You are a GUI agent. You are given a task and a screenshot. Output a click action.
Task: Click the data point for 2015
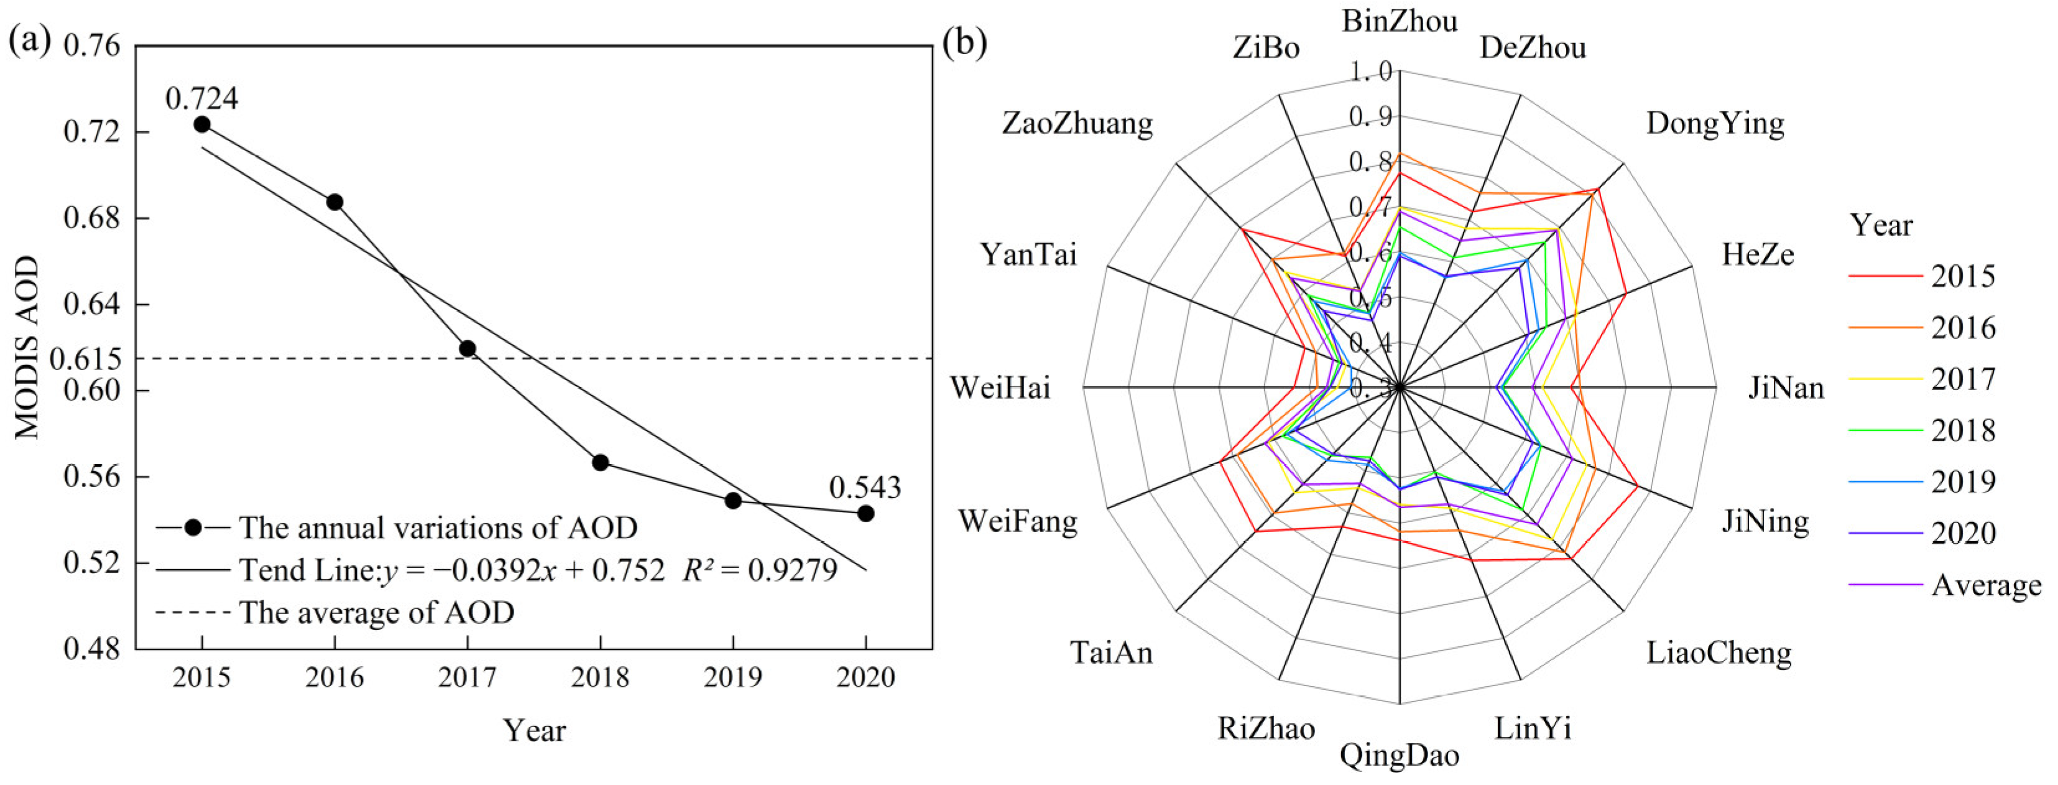202,124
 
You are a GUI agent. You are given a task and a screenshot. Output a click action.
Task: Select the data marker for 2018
601,462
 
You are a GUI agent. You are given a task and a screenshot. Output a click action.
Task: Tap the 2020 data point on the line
865,513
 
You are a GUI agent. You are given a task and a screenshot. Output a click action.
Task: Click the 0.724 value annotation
201,98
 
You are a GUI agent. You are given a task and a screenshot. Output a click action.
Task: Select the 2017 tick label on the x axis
468,678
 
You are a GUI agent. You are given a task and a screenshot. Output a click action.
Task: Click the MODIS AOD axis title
27,347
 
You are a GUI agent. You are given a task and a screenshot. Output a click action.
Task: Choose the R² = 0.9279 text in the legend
760,570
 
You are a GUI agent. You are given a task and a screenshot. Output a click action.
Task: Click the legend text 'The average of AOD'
376,612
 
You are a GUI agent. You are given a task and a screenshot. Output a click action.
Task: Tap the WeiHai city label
1000,389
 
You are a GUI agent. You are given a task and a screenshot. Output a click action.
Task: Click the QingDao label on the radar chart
1400,755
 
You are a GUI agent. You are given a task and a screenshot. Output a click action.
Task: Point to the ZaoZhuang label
1077,124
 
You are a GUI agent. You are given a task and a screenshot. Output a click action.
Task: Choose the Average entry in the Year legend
1986,585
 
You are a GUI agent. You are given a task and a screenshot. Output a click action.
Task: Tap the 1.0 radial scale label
1371,72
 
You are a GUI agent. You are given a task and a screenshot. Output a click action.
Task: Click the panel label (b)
964,42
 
